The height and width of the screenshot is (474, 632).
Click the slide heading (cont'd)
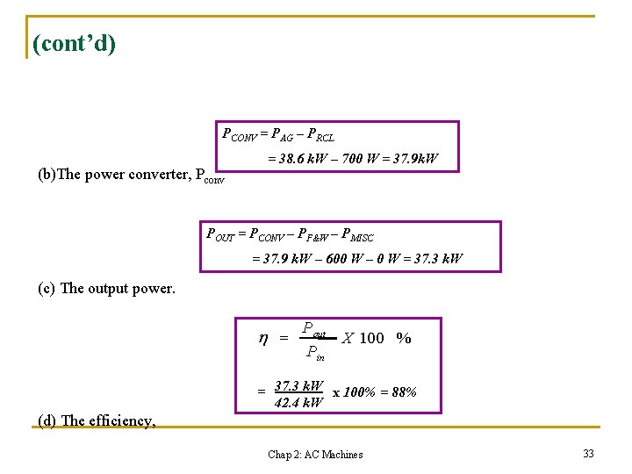(74, 43)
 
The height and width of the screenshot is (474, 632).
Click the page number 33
(588, 453)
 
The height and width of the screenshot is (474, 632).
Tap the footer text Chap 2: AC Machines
(315, 454)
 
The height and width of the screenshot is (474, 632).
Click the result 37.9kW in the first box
(415, 160)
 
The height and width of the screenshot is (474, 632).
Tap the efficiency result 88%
(404, 392)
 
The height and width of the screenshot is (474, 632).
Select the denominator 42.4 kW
(298, 403)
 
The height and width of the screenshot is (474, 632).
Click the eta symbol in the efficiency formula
(262, 338)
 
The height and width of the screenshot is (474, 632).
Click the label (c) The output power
(106, 288)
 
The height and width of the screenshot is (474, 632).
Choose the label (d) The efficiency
(97, 420)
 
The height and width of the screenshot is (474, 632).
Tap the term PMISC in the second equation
(356, 234)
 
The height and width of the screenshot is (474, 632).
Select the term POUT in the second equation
(220, 234)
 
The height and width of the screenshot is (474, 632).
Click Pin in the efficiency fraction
(314, 354)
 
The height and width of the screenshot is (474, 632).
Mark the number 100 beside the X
(371, 339)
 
